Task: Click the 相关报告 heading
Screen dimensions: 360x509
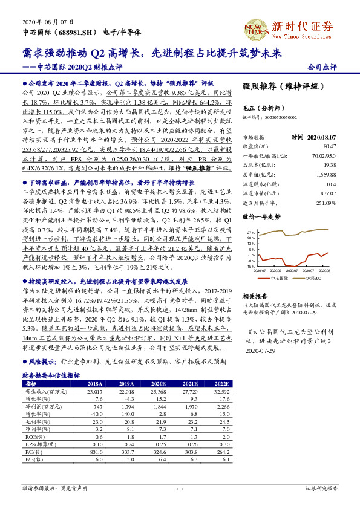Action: coord(255,296)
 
